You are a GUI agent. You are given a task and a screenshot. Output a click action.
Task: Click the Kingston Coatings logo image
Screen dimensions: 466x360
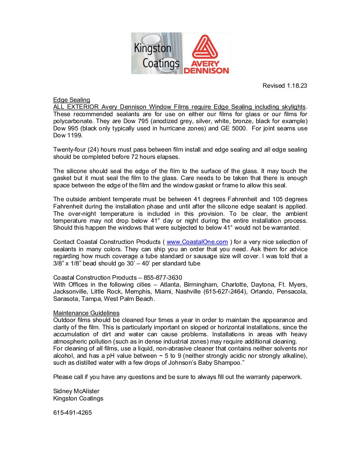[x=157, y=53]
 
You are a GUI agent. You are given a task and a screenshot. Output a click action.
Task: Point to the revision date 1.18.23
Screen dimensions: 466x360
[x=297, y=86]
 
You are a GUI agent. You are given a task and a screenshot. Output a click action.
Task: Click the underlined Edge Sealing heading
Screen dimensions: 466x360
[x=71, y=100]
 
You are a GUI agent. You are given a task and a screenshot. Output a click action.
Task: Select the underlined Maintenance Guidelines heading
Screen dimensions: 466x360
[x=86, y=313]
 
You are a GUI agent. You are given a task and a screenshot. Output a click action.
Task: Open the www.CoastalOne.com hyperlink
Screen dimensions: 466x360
[x=197, y=242]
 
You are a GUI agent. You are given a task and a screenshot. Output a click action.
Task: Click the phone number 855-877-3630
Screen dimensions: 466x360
[x=163, y=278]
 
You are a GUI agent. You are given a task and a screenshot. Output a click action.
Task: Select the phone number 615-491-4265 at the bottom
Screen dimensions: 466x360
[x=72, y=413]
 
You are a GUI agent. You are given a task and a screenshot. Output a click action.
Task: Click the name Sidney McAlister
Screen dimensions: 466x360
[x=76, y=391]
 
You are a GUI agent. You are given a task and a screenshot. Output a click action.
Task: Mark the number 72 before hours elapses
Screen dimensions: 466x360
[x=134, y=157]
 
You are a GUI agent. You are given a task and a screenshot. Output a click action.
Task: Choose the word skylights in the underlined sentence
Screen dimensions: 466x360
[x=293, y=107]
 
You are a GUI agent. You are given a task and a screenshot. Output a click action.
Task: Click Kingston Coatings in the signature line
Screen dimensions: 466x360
[x=78, y=398]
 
